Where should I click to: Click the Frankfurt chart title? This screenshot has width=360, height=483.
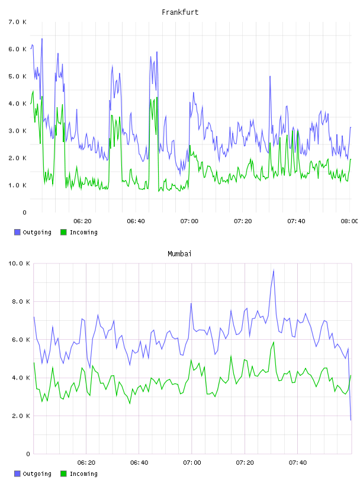[x=180, y=12]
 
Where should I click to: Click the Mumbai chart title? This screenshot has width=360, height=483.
[x=179, y=254]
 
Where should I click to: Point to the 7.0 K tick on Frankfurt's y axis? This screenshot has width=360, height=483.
[x=18, y=22]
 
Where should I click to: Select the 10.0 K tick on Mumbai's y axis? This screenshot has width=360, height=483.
[x=19, y=263]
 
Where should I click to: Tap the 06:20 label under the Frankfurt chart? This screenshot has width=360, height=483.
[x=82, y=221]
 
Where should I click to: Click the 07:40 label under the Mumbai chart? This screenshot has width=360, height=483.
[x=298, y=462]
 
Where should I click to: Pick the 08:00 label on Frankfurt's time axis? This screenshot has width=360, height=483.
[x=350, y=221]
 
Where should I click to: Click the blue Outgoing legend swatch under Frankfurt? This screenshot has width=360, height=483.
[x=17, y=232]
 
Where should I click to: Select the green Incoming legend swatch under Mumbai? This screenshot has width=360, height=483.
[x=63, y=474]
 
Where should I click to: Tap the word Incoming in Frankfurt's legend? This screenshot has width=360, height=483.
[x=83, y=232]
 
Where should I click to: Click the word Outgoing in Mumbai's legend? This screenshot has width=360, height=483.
[x=37, y=474]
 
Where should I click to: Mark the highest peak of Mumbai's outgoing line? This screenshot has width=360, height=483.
[x=274, y=270]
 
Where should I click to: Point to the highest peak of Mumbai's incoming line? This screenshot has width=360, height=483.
[x=274, y=342]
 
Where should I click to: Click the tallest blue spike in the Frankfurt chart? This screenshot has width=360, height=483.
[x=42, y=39]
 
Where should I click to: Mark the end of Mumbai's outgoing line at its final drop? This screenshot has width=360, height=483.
[x=351, y=420]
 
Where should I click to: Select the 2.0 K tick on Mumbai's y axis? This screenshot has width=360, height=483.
[x=21, y=416]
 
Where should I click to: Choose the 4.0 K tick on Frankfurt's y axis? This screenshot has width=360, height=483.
[x=18, y=104]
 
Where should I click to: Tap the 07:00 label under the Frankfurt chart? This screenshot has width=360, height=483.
[x=189, y=221]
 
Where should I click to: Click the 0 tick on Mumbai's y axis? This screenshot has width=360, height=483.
[x=28, y=454]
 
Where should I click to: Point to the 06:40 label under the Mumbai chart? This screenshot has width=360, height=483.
[x=139, y=462]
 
